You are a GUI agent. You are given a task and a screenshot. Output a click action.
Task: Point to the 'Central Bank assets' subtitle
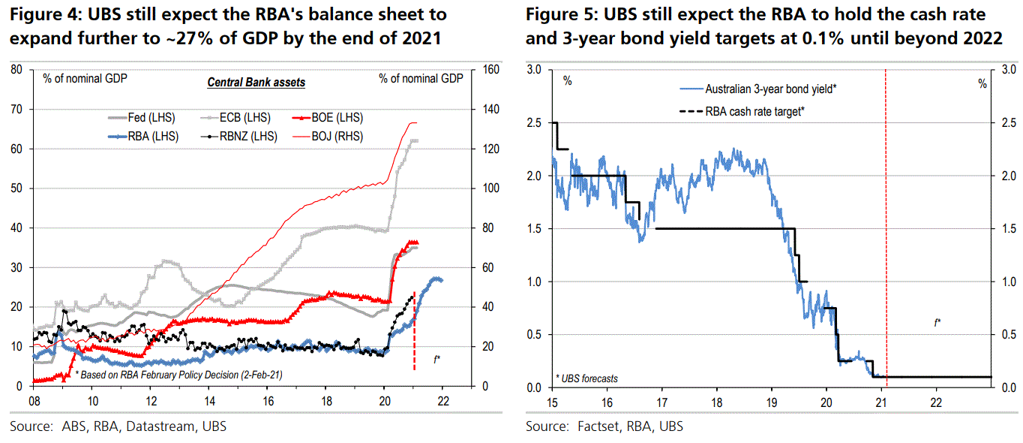256,82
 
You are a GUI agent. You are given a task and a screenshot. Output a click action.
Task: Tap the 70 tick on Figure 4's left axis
17,110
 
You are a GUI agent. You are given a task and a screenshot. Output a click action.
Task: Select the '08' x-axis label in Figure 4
33,400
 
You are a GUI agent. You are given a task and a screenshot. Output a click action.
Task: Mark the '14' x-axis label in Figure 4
208,400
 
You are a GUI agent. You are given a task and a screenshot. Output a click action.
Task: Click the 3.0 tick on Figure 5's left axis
533,70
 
